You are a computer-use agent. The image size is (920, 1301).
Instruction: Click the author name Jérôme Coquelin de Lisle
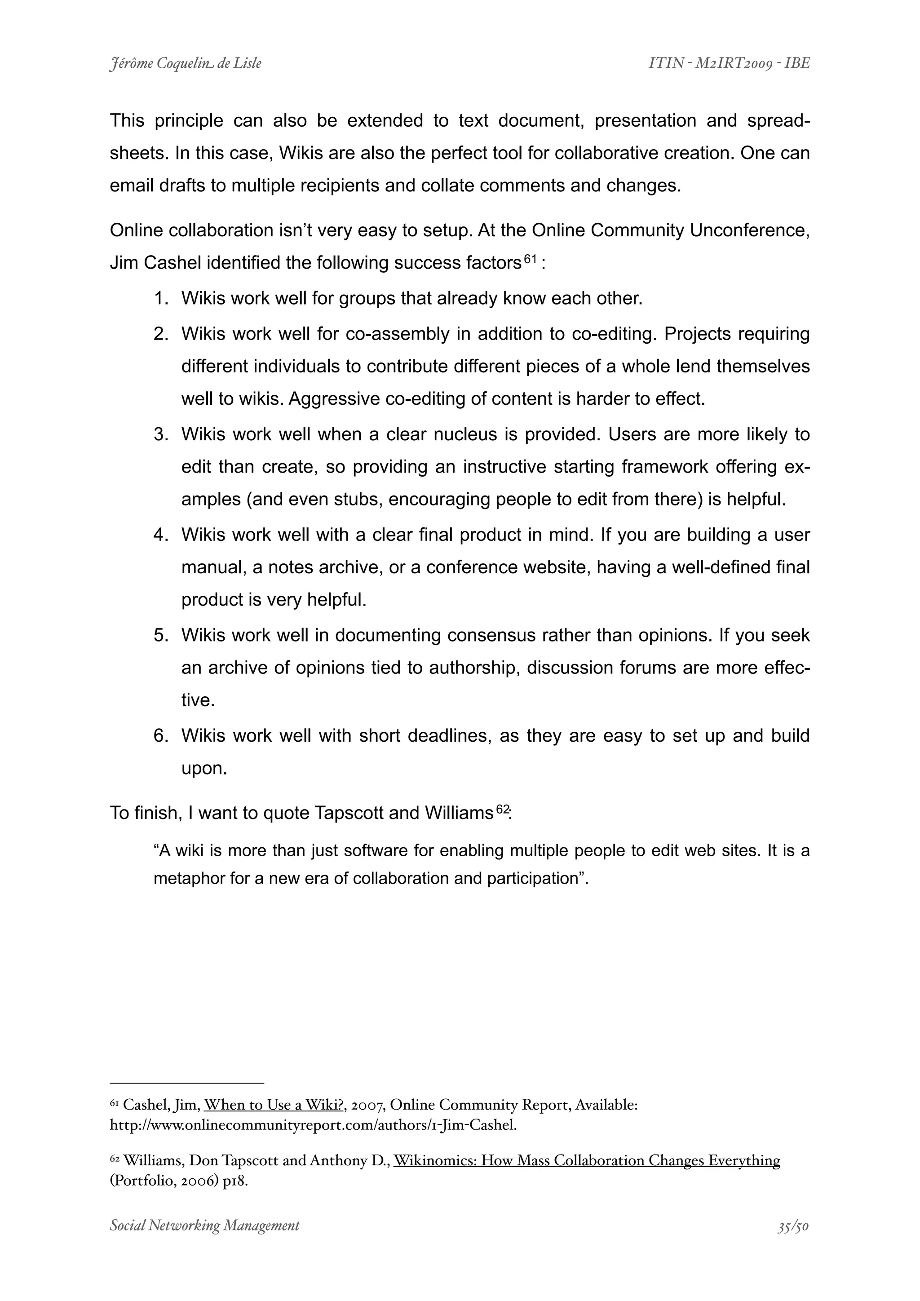click(x=185, y=63)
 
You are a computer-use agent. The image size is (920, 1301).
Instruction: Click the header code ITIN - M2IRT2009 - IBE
click(x=729, y=63)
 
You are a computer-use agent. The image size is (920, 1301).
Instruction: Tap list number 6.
click(x=161, y=735)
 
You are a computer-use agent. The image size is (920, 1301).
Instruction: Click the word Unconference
click(x=749, y=230)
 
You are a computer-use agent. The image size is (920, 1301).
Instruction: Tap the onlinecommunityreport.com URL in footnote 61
click(x=313, y=1125)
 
